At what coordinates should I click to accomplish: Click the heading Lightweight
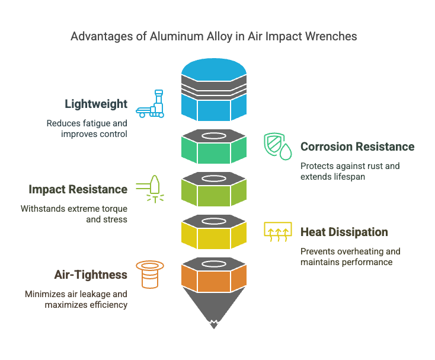[x=96, y=104]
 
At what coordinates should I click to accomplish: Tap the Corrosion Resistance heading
[x=357, y=146]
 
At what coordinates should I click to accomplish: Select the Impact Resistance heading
[x=78, y=189]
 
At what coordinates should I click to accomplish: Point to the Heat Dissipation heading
[x=344, y=232]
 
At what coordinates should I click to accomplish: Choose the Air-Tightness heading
[x=91, y=275]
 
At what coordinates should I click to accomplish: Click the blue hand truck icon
[x=150, y=104]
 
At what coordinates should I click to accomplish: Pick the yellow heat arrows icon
[x=278, y=232]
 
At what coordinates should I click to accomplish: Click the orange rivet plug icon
[x=150, y=274]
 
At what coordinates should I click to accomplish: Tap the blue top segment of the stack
[x=214, y=90]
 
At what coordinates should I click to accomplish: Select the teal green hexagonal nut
[x=214, y=146]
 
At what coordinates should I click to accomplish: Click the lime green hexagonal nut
[x=214, y=189]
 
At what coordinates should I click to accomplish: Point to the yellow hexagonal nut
[x=214, y=232]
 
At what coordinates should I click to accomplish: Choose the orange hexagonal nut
[x=214, y=275]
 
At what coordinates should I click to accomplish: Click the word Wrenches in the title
[x=331, y=36]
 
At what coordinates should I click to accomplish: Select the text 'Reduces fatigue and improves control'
[x=87, y=129]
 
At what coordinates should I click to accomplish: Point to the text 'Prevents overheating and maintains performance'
[x=350, y=257]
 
